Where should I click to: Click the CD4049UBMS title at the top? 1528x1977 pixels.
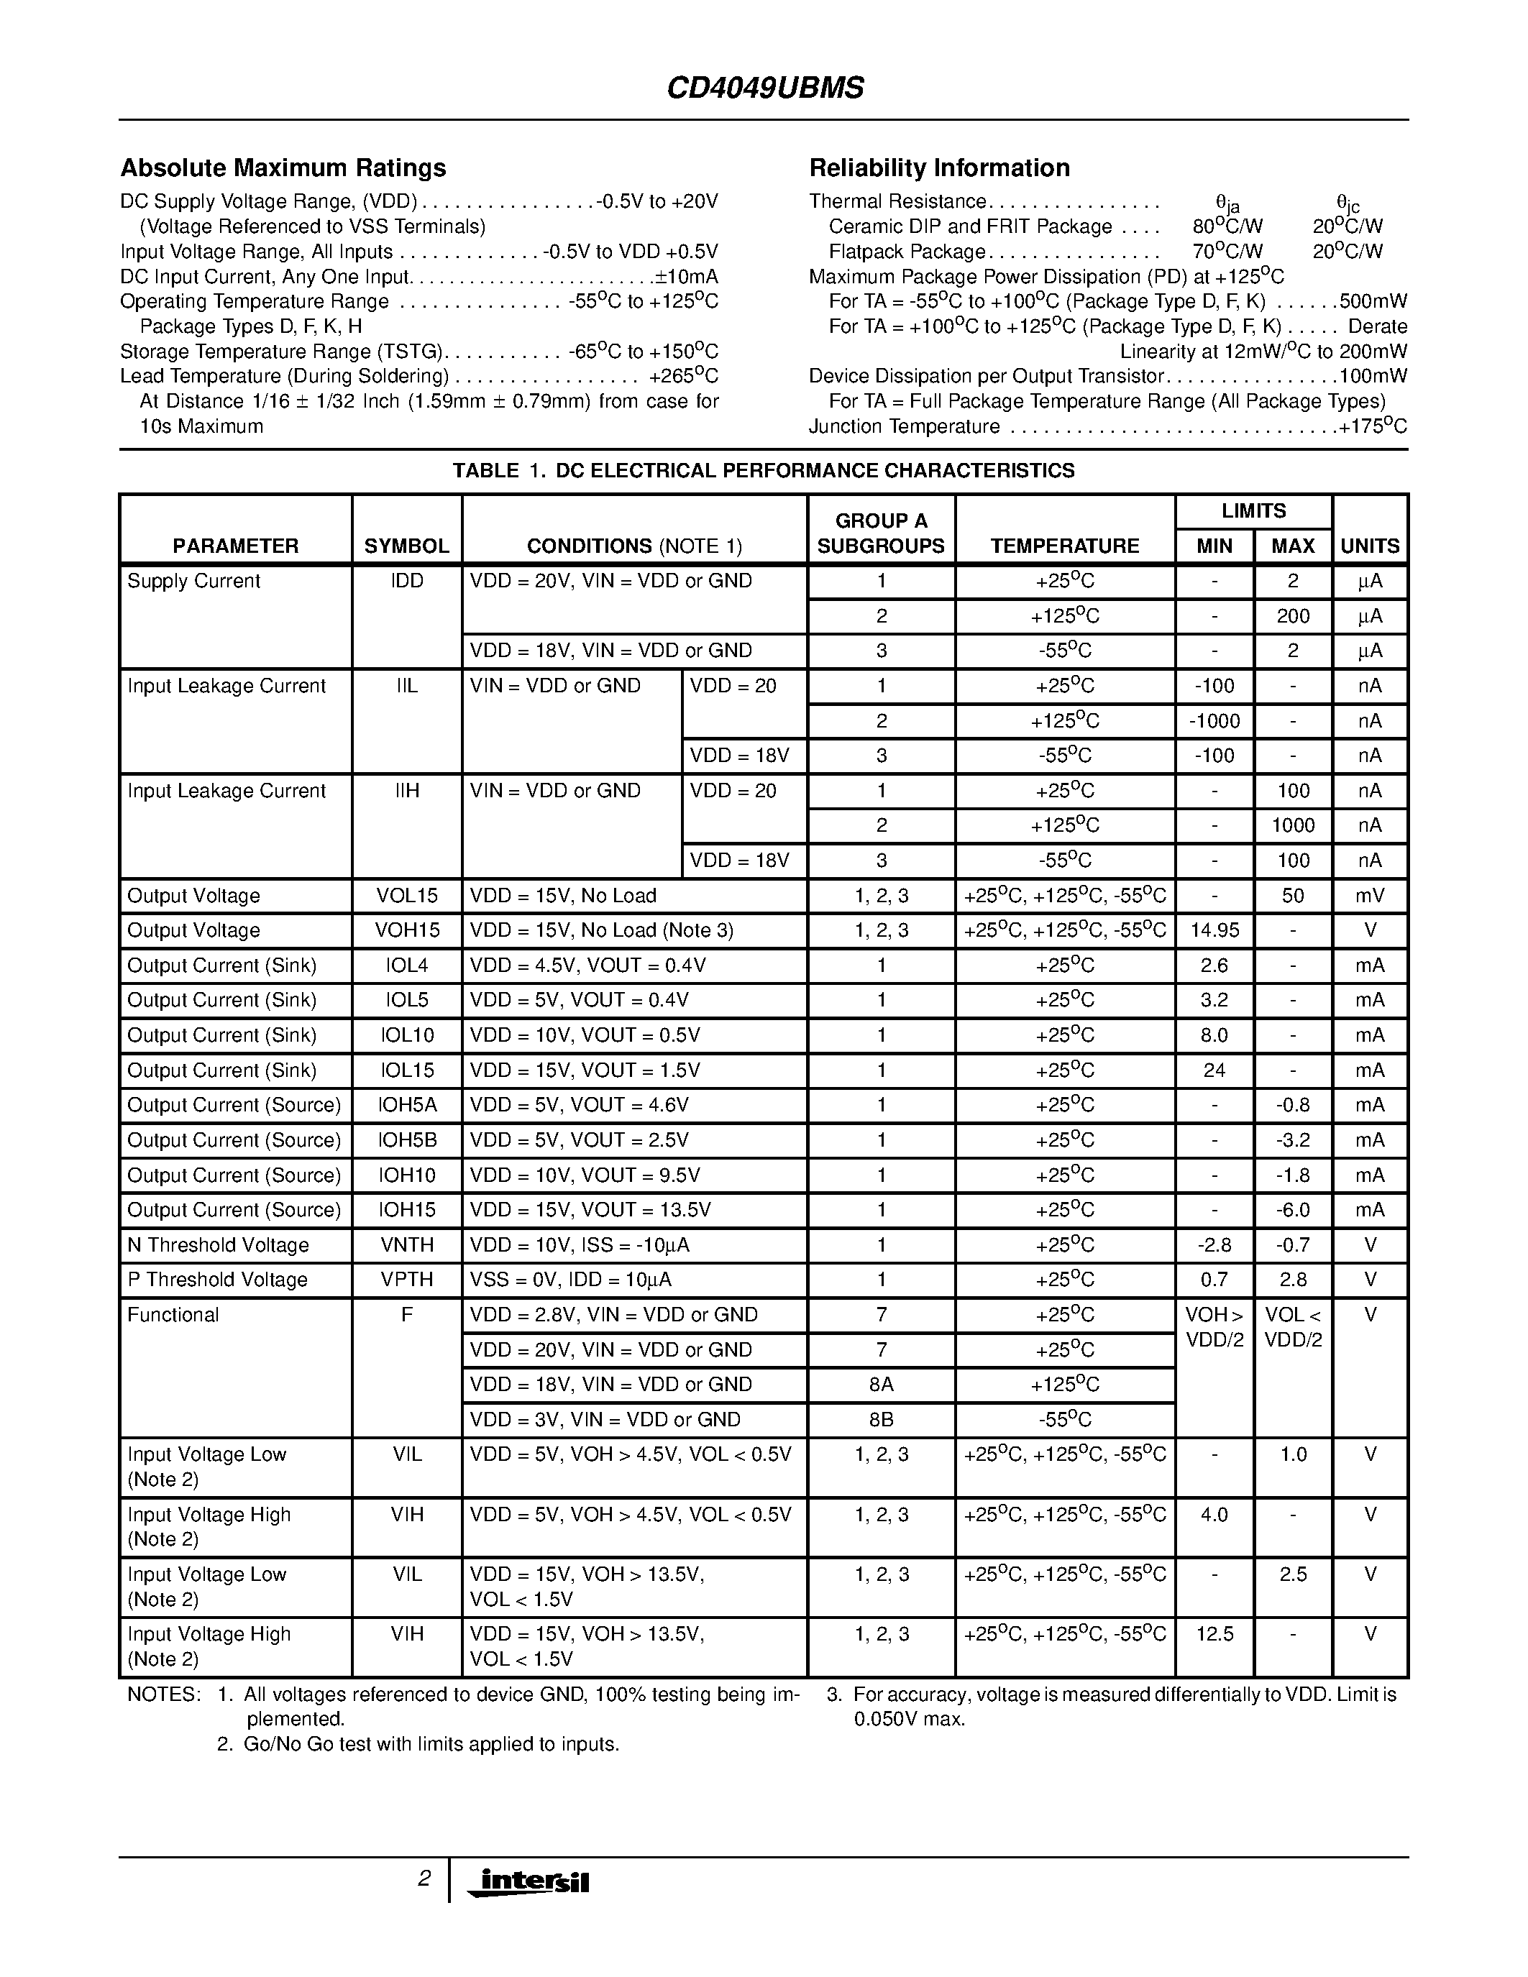point(765,88)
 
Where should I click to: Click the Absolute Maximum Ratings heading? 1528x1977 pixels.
point(283,168)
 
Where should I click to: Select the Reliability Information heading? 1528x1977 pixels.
point(938,168)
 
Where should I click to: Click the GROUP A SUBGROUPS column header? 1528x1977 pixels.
point(881,533)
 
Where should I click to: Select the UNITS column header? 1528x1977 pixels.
point(1370,546)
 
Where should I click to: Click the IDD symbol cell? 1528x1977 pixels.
point(406,581)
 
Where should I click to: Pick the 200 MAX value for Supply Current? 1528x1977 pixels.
point(1293,616)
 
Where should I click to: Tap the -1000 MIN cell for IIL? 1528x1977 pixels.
point(1214,722)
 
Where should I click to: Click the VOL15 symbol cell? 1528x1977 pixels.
point(406,896)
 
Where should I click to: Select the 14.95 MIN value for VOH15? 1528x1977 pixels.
point(1214,930)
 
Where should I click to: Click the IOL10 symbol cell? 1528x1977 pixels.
point(406,1035)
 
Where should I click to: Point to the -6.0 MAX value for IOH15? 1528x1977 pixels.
point(1293,1210)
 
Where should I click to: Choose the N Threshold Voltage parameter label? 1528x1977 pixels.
point(218,1246)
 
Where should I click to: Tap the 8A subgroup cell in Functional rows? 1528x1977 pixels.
point(881,1385)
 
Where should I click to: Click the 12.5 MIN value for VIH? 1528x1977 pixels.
point(1214,1634)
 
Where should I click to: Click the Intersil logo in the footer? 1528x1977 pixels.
point(529,1883)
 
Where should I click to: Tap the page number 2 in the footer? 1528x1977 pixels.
point(424,1879)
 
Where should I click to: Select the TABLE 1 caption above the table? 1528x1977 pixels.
point(763,471)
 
